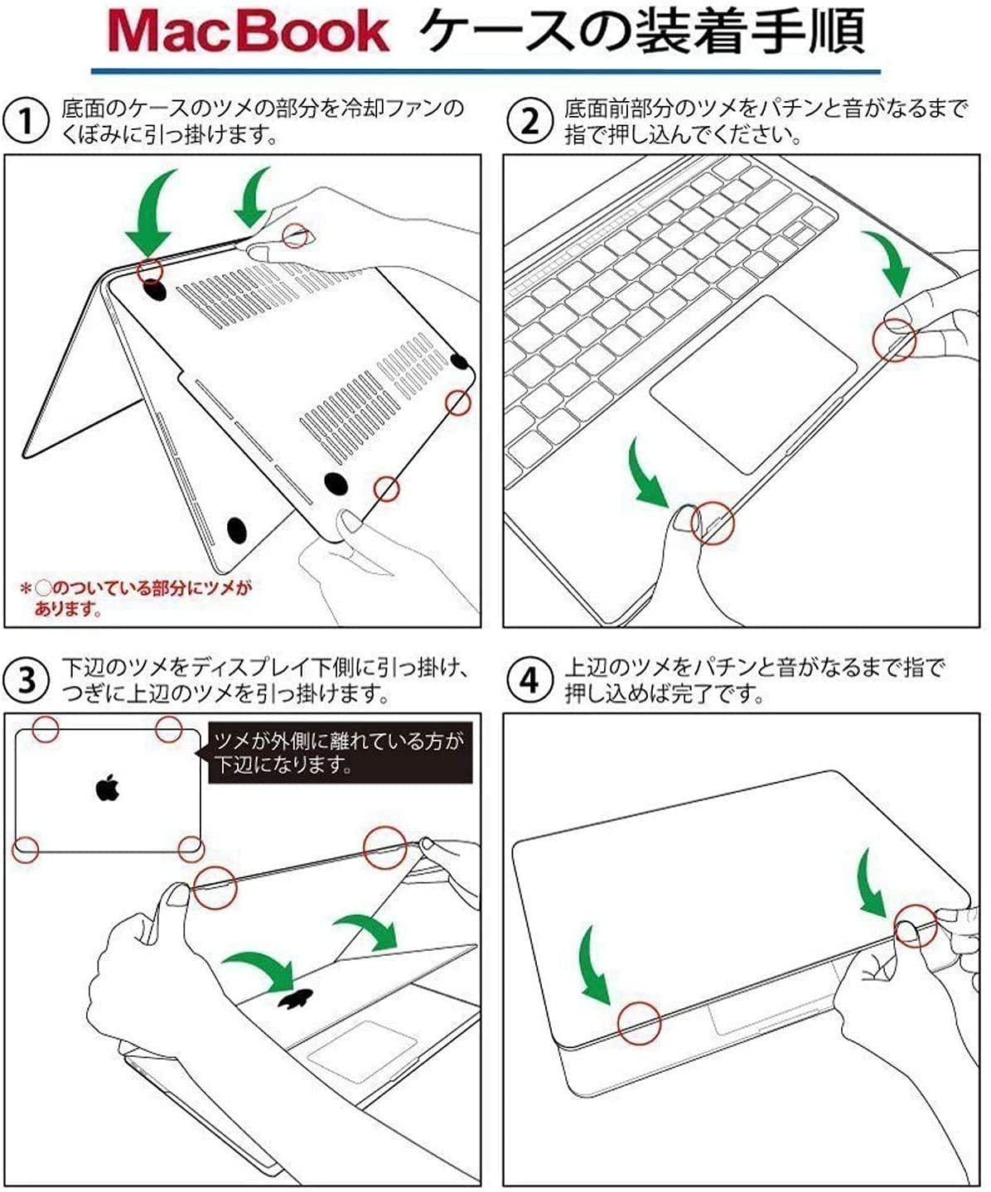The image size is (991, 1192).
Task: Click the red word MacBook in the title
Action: click(x=248, y=33)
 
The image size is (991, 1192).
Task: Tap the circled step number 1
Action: click(x=27, y=121)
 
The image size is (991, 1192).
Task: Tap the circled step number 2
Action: click(x=529, y=121)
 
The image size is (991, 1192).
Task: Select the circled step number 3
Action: click(x=27, y=679)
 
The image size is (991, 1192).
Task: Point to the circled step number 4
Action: click(x=529, y=679)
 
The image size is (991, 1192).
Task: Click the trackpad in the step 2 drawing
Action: click(x=752, y=384)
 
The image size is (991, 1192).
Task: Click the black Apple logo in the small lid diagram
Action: click(x=106, y=788)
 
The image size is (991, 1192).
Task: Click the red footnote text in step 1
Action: click(x=137, y=598)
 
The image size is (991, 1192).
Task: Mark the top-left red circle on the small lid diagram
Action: click(x=45, y=729)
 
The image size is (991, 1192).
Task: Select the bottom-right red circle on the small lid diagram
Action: click(x=191, y=848)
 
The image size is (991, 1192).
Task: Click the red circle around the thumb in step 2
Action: click(x=713, y=522)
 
